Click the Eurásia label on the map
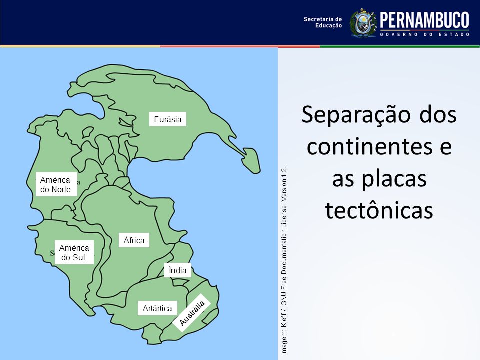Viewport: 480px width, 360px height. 168,119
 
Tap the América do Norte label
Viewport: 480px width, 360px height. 56,184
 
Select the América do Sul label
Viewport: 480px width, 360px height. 74,252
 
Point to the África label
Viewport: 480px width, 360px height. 134,240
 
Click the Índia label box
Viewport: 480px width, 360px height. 178,270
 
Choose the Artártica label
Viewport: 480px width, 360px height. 157,308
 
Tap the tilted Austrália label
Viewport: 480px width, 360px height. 192,313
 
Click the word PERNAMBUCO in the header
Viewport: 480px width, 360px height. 424,20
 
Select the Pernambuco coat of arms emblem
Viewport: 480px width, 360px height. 363,23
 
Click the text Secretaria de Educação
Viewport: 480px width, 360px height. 323,22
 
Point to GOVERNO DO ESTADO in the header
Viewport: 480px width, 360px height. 425,34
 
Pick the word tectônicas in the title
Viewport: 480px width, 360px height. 379,210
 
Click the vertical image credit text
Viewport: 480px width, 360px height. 284,261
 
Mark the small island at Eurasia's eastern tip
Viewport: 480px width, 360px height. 251,160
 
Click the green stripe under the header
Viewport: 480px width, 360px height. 400,46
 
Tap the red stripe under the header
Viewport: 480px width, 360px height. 240,46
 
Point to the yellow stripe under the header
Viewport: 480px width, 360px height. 80,46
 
